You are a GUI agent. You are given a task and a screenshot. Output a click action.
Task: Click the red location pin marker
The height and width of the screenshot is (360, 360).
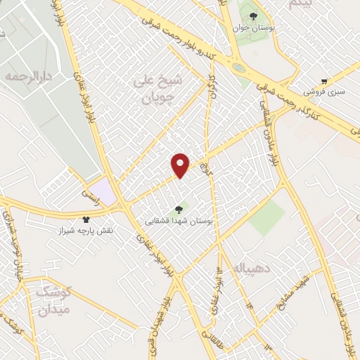point(181,165)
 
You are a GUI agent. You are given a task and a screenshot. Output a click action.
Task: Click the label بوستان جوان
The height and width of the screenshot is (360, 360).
point(254,30)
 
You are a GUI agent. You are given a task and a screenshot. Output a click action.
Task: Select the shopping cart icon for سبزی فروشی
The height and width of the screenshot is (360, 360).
point(323,81)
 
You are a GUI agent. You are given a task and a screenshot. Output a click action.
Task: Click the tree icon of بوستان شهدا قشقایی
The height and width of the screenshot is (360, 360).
point(177,208)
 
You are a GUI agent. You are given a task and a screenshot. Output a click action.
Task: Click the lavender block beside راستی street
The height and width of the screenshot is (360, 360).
point(103,189)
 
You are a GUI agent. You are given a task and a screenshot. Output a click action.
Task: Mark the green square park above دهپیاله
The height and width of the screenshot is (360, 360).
point(266,219)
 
